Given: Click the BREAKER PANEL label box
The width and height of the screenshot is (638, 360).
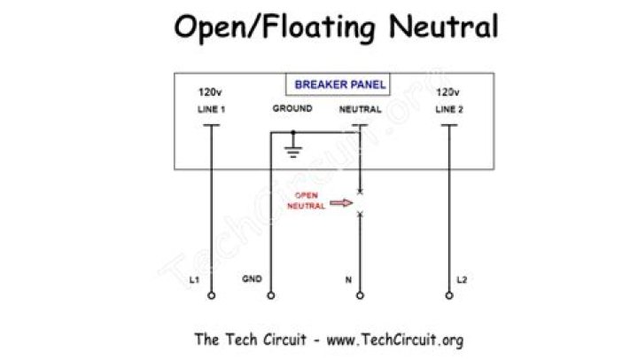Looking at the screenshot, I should click(339, 85).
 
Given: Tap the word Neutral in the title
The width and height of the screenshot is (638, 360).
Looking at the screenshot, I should click(443, 27).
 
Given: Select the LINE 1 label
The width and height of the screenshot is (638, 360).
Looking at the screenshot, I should click(212, 110).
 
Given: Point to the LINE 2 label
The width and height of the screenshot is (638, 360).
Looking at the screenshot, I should click(448, 110).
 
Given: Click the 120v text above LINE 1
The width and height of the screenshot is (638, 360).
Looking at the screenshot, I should click(209, 92).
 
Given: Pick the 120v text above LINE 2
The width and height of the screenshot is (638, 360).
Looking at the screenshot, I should click(447, 92).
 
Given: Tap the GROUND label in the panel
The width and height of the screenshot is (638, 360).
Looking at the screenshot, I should click(292, 109).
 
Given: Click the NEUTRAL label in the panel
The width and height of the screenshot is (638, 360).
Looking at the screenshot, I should click(361, 110).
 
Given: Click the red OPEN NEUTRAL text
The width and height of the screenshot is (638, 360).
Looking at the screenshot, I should click(306, 202).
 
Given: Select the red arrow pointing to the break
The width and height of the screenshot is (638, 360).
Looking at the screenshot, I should click(340, 203).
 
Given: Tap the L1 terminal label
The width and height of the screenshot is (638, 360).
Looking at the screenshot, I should click(195, 279).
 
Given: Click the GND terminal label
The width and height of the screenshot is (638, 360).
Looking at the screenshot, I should click(252, 279).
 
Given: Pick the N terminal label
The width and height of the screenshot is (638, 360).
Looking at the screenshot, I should click(347, 280).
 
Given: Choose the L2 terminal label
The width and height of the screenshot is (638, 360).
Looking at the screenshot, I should click(461, 280).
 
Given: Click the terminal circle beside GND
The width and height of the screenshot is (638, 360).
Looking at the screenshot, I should click(271, 295).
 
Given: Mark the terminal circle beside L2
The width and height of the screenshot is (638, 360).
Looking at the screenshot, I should click(448, 295).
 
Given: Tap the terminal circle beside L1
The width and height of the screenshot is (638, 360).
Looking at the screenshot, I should click(211, 295).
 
